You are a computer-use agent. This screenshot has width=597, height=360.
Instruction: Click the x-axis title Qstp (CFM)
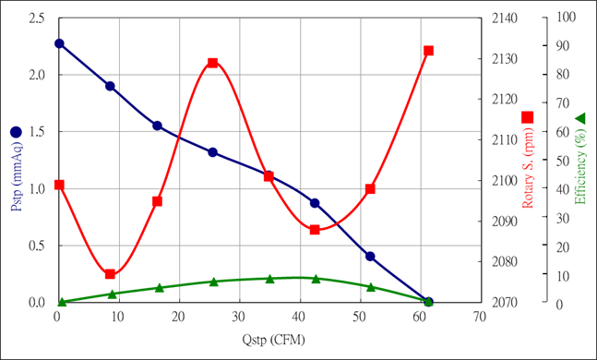pos(273,339)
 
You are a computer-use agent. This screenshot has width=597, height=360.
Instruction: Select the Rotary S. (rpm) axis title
pos(527,168)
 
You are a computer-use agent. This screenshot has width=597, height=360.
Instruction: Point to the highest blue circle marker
pos(59,43)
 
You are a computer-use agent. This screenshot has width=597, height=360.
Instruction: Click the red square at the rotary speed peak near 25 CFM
pos(213,63)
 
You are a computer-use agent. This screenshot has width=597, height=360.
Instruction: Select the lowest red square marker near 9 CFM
pos(110,274)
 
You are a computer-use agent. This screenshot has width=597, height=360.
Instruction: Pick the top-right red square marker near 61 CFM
pos(429,51)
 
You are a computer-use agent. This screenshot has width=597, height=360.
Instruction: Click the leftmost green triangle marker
pos(62,302)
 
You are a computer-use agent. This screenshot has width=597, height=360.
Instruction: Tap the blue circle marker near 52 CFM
pos(370,256)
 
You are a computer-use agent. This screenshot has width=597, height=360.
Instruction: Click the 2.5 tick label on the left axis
pos(37,18)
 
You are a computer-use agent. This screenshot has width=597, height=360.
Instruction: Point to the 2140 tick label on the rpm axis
pos(504,18)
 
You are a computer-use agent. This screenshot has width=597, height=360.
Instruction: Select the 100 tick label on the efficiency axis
pos(567,17)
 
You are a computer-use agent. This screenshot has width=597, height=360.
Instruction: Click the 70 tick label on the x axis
pos(479,317)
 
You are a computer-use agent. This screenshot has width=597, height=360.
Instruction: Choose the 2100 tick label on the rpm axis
pos(504,180)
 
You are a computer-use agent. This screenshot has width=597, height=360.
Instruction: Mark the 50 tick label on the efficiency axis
pos(563,161)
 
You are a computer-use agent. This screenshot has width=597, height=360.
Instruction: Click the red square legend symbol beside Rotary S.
pos(527,117)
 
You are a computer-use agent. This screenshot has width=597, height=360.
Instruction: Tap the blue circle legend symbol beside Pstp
pos(16,132)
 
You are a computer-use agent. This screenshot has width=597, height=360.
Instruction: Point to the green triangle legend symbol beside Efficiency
pos(579,118)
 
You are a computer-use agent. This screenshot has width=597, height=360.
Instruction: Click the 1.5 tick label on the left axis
pos(37,132)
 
